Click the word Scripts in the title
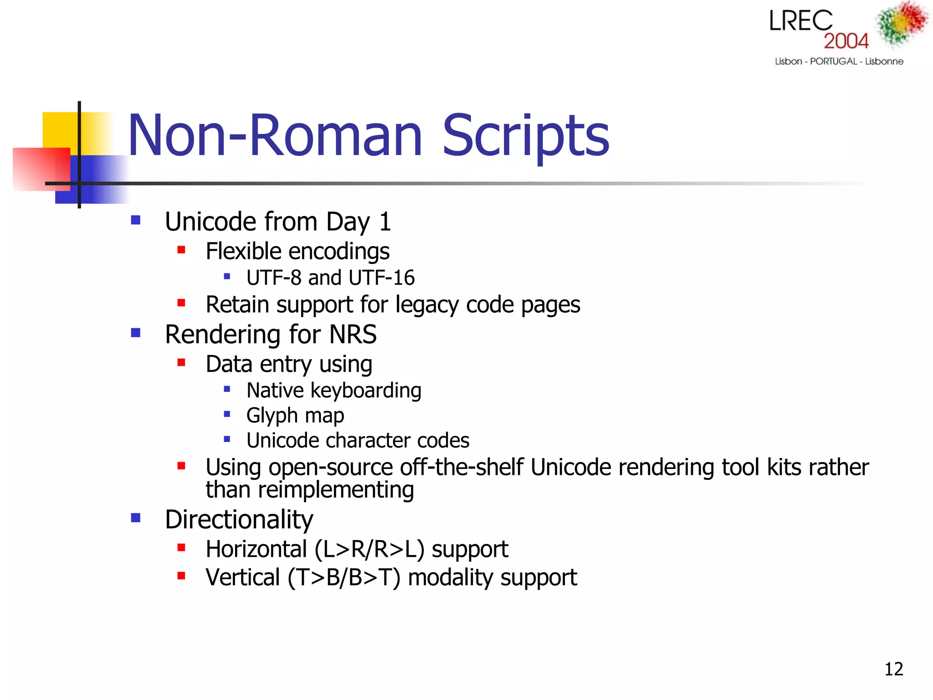click(x=526, y=136)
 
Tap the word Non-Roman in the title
click(x=275, y=136)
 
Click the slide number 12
click(x=893, y=669)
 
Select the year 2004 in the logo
click(x=846, y=41)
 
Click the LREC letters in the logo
click(x=801, y=21)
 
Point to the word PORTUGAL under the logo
click(x=833, y=62)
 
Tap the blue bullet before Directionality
click(x=135, y=518)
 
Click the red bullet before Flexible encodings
click(x=181, y=250)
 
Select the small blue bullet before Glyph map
click(x=227, y=414)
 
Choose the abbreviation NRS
click(x=353, y=335)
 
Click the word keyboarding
click(x=366, y=391)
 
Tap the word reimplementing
click(x=336, y=490)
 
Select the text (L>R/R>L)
click(x=369, y=549)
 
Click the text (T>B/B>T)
click(x=344, y=578)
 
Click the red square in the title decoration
click(x=41, y=169)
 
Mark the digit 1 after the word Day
click(x=385, y=222)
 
